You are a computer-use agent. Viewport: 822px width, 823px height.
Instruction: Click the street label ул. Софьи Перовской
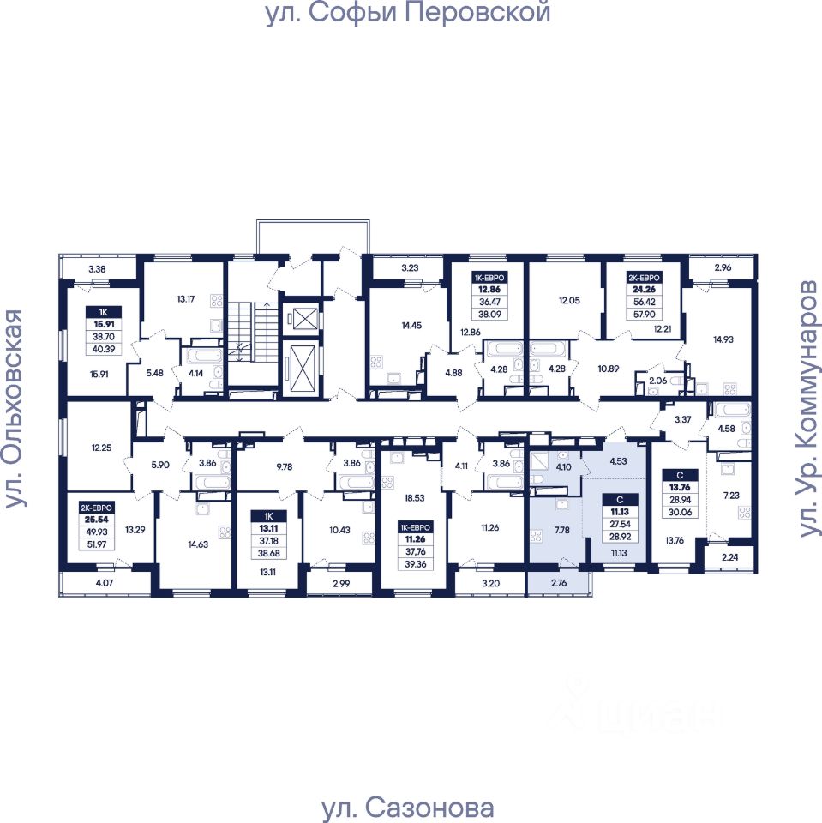tap(407, 14)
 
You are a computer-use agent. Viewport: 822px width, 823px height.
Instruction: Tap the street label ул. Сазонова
tap(407, 808)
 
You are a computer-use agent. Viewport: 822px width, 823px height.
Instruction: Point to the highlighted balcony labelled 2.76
tap(559, 586)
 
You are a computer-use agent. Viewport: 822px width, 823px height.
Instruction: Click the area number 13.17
tap(187, 299)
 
